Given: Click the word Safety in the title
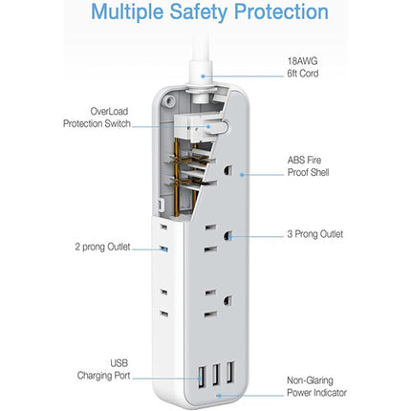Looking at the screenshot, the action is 199,12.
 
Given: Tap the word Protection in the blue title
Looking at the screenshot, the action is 281,11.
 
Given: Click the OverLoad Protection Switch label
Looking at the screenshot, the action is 97,118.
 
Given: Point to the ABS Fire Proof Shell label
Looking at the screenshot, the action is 308,166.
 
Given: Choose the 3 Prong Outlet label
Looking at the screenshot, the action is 315,234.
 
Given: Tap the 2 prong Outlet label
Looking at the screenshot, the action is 102,247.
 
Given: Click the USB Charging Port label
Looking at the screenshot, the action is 103,369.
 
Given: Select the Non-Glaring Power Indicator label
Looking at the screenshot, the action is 316,386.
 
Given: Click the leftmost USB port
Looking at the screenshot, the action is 202,378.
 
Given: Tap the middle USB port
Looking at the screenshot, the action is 216,374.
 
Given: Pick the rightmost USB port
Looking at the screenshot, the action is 230,372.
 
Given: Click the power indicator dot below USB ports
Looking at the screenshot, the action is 219,396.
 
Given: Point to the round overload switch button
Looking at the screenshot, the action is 221,127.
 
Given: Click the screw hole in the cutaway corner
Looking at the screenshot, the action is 168,101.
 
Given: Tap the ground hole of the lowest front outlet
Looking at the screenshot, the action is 227,300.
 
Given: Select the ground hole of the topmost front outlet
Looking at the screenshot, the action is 228,170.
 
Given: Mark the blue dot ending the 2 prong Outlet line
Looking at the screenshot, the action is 164,249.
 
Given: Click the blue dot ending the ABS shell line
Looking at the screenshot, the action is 242,175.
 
